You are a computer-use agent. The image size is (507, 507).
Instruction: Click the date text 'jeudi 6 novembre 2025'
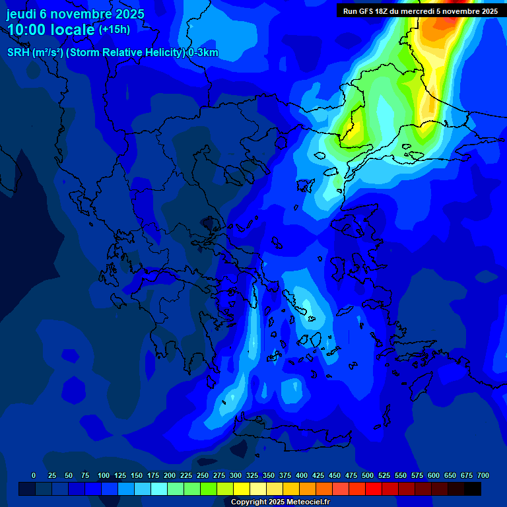(x=75, y=14)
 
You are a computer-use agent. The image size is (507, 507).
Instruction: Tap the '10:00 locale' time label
(x=51, y=30)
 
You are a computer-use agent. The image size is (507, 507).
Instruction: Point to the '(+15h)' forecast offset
(x=114, y=30)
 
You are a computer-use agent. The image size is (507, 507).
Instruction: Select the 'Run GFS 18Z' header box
(x=421, y=11)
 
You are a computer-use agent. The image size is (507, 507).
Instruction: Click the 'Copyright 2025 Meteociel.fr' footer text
(x=280, y=502)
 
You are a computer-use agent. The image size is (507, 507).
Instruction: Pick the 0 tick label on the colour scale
(x=34, y=475)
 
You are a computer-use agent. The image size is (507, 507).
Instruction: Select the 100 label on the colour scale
(x=104, y=475)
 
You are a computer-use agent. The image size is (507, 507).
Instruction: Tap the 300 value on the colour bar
(x=236, y=475)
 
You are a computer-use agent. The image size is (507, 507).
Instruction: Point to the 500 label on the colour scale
(x=368, y=475)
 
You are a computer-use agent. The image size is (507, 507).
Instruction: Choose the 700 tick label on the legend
(x=483, y=475)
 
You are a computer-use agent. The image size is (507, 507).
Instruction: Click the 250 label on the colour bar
(x=203, y=475)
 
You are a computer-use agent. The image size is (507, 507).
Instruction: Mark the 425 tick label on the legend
(x=318, y=475)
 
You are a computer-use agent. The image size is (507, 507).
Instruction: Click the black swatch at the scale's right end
(x=473, y=489)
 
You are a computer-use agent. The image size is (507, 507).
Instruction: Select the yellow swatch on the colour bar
(x=242, y=489)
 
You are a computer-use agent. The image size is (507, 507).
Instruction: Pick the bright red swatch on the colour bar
(x=374, y=489)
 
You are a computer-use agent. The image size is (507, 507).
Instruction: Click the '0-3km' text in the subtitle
(x=203, y=53)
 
